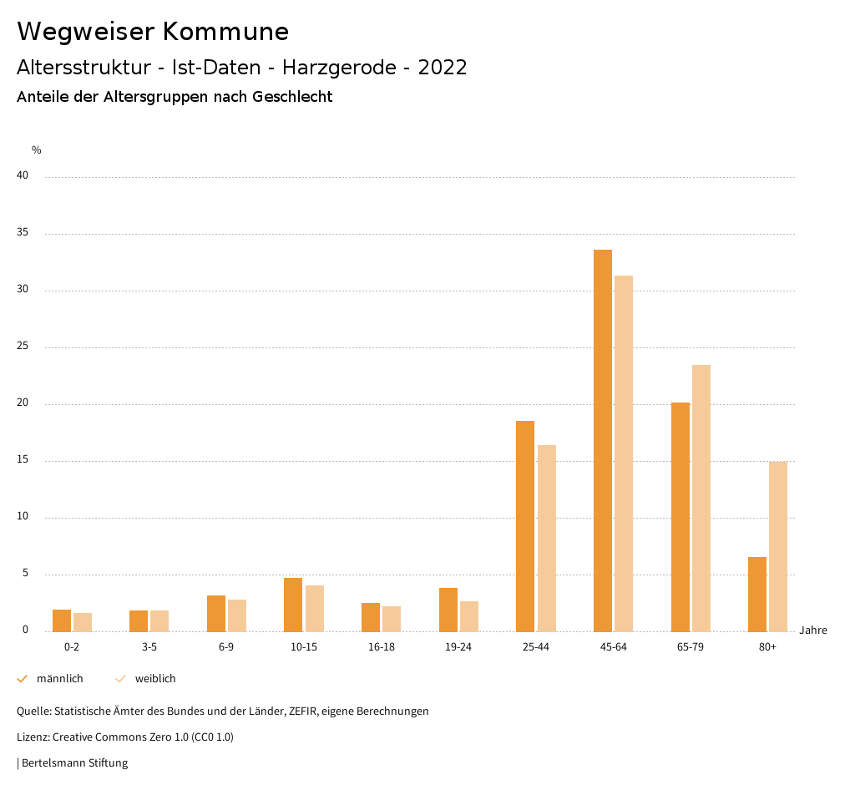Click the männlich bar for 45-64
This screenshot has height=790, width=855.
point(603,440)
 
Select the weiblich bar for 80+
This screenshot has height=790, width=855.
point(778,546)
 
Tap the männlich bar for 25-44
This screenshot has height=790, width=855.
point(525,526)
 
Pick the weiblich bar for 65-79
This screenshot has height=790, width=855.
point(701,498)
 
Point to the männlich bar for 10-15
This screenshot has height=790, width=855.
point(293,605)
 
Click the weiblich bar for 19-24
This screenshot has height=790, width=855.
point(469,616)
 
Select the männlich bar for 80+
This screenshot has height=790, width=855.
point(757,594)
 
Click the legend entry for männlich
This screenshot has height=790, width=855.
point(59,679)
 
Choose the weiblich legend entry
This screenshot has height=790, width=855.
point(155,679)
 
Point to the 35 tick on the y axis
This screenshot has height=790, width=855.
point(23,233)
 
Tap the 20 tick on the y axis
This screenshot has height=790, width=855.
point(23,403)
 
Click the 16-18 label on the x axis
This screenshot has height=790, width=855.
point(382,647)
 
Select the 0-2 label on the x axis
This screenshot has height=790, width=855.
point(72,647)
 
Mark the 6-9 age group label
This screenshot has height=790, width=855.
point(226,647)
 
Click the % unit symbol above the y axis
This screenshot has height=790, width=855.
point(37,150)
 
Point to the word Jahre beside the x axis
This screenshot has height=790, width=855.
point(813,630)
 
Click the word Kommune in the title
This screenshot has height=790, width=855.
point(225,32)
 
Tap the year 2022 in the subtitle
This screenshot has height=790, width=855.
point(443,68)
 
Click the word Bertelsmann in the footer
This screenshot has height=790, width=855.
point(52,763)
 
